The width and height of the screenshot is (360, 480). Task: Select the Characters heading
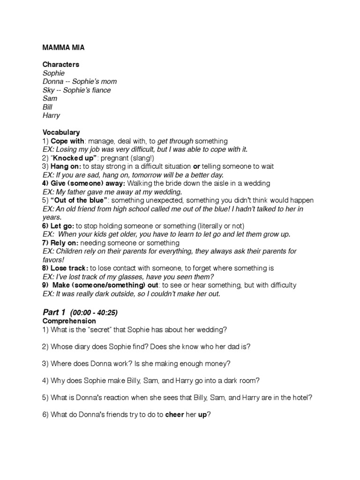(x=61, y=64)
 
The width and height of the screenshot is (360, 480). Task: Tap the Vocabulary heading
(x=61, y=132)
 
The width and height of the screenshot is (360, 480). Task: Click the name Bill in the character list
(x=47, y=107)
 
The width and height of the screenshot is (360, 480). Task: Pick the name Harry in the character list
(x=51, y=115)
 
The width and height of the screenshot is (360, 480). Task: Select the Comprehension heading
(x=69, y=321)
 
